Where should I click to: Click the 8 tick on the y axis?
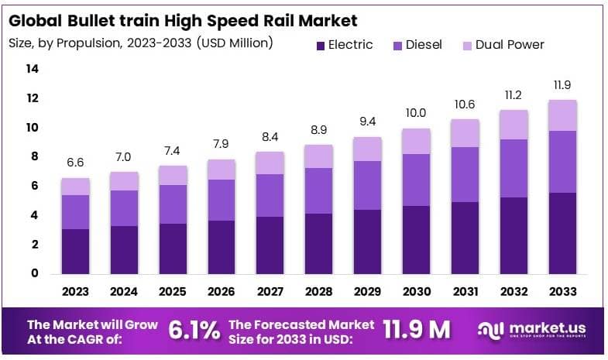point(34,156)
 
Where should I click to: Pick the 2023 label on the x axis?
point(76,292)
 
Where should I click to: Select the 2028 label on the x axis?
point(319,292)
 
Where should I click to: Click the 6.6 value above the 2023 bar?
point(76,163)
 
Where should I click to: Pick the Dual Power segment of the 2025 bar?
point(173,175)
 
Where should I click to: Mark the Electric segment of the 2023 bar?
point(76,251)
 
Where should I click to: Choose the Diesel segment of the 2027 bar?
point(270,195)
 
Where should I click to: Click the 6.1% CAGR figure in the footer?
point(194,329)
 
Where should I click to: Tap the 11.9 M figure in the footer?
point(417,329)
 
